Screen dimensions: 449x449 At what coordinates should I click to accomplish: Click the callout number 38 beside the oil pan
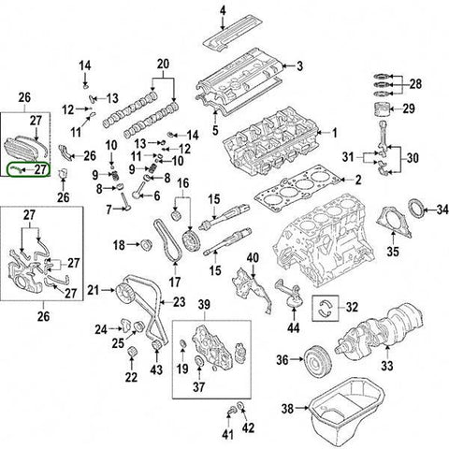288,409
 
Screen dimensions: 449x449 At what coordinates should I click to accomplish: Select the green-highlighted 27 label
38,169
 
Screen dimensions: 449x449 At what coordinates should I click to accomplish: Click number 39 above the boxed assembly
205,305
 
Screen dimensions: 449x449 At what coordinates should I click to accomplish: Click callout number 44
293,327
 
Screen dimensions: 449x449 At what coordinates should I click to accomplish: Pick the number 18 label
119,245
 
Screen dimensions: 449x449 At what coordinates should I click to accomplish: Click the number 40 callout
253,257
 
